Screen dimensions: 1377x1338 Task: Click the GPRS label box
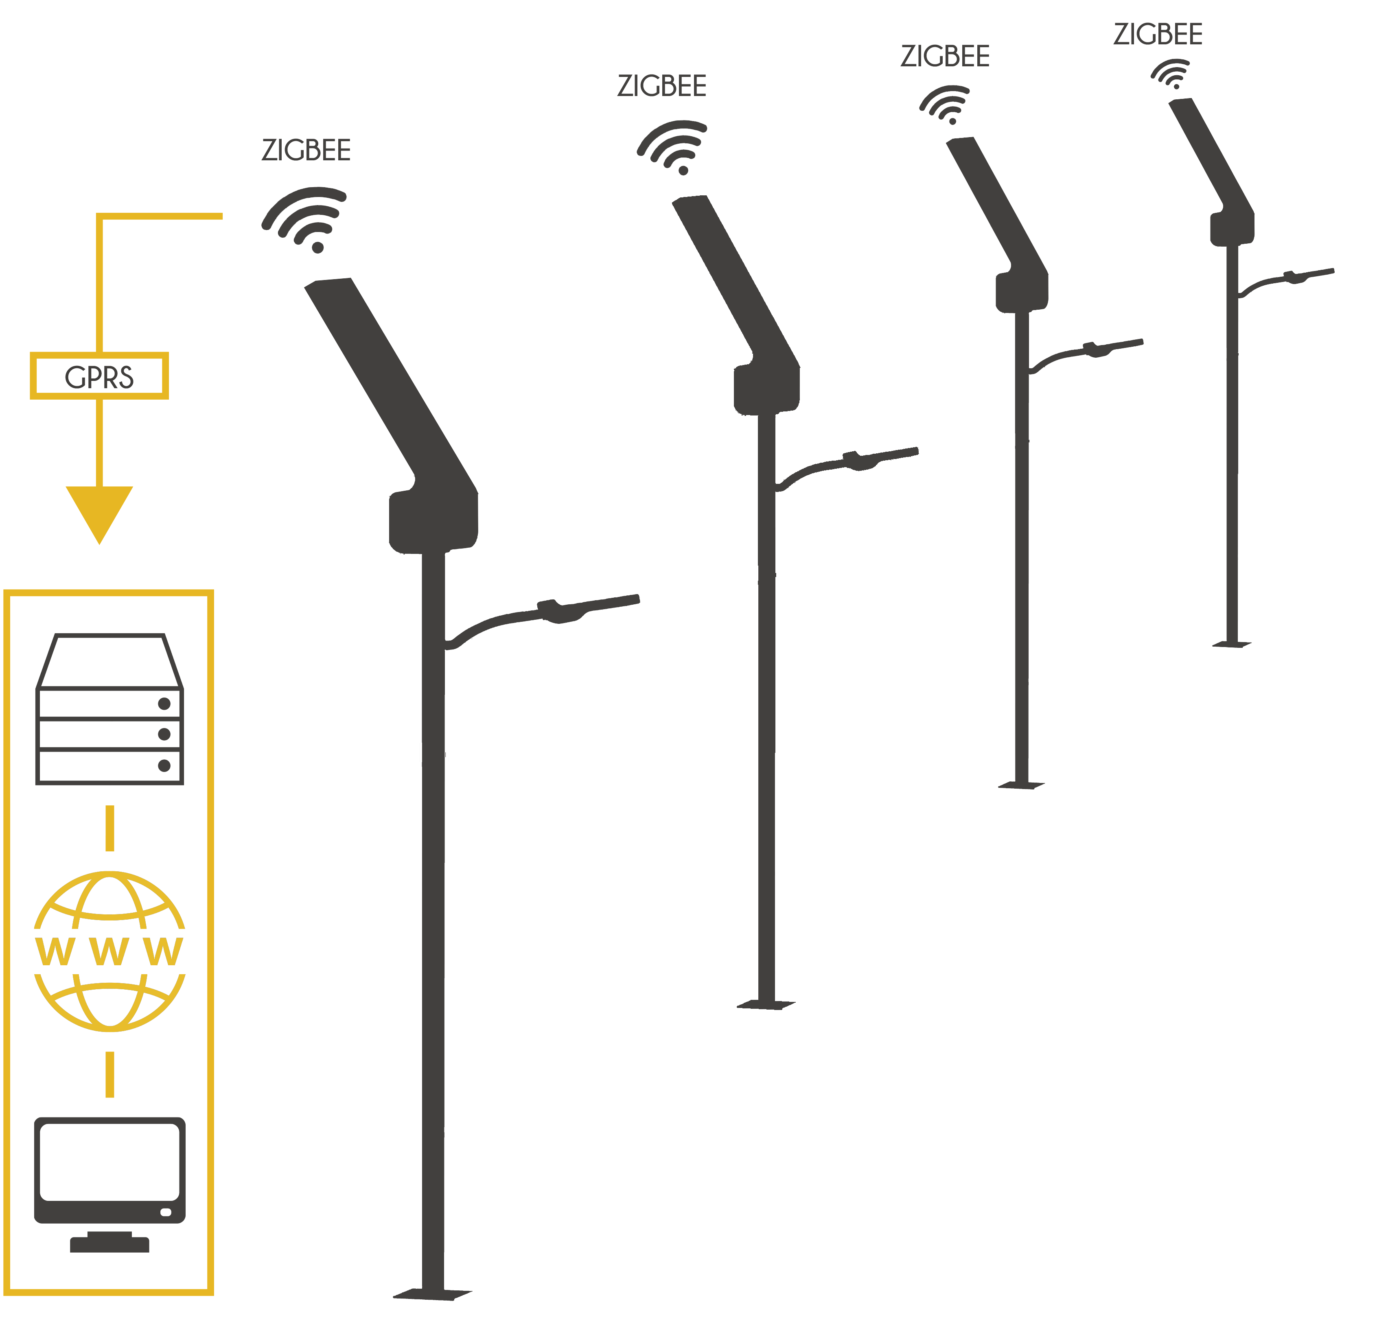[99, 376]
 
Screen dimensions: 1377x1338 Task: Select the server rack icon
[109, 709]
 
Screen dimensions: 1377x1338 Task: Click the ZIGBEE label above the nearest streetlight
[306, 151]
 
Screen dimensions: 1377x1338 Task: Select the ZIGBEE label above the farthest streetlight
[1158, 35]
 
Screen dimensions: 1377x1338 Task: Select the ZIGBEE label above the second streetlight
[661, 86]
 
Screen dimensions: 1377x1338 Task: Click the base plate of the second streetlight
[766, 1005]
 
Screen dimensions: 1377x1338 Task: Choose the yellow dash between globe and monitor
[109, 1074]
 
